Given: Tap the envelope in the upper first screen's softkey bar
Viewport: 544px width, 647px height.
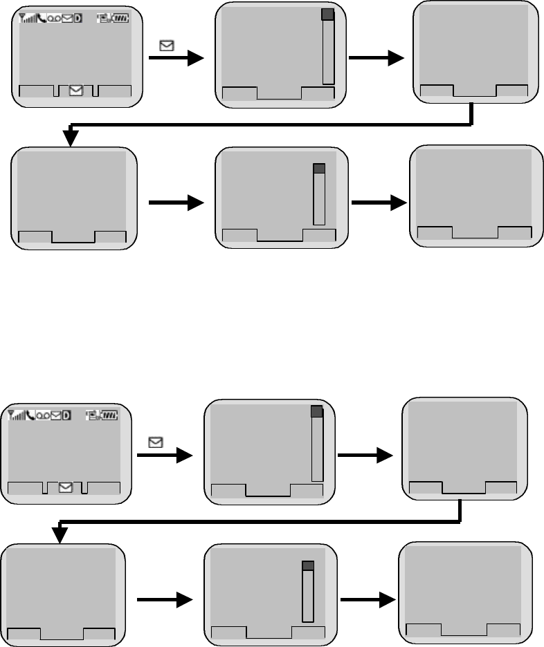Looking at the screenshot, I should [x=76, y=90].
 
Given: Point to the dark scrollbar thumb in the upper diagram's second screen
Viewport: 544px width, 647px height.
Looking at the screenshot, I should [x=328, y=15].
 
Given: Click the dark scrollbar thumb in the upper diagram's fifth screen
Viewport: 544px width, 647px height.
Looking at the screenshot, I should [x=319, y=169].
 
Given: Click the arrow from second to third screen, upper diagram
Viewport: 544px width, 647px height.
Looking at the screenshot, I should [x=377, y=58].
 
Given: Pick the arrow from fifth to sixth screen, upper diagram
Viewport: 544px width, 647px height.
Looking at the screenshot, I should [x=379, y=203].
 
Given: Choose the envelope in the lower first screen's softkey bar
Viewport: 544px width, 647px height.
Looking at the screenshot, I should [x=65, y=487].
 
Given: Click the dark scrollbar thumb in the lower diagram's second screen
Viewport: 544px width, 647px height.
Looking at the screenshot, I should [x=317, y=411].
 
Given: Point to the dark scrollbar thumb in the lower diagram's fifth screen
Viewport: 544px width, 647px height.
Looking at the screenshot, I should [x=308, y=565].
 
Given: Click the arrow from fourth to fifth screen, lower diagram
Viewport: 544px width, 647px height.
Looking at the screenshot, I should [x=165, y=603].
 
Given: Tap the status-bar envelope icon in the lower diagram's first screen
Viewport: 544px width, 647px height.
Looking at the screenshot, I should [x=56, y=415].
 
